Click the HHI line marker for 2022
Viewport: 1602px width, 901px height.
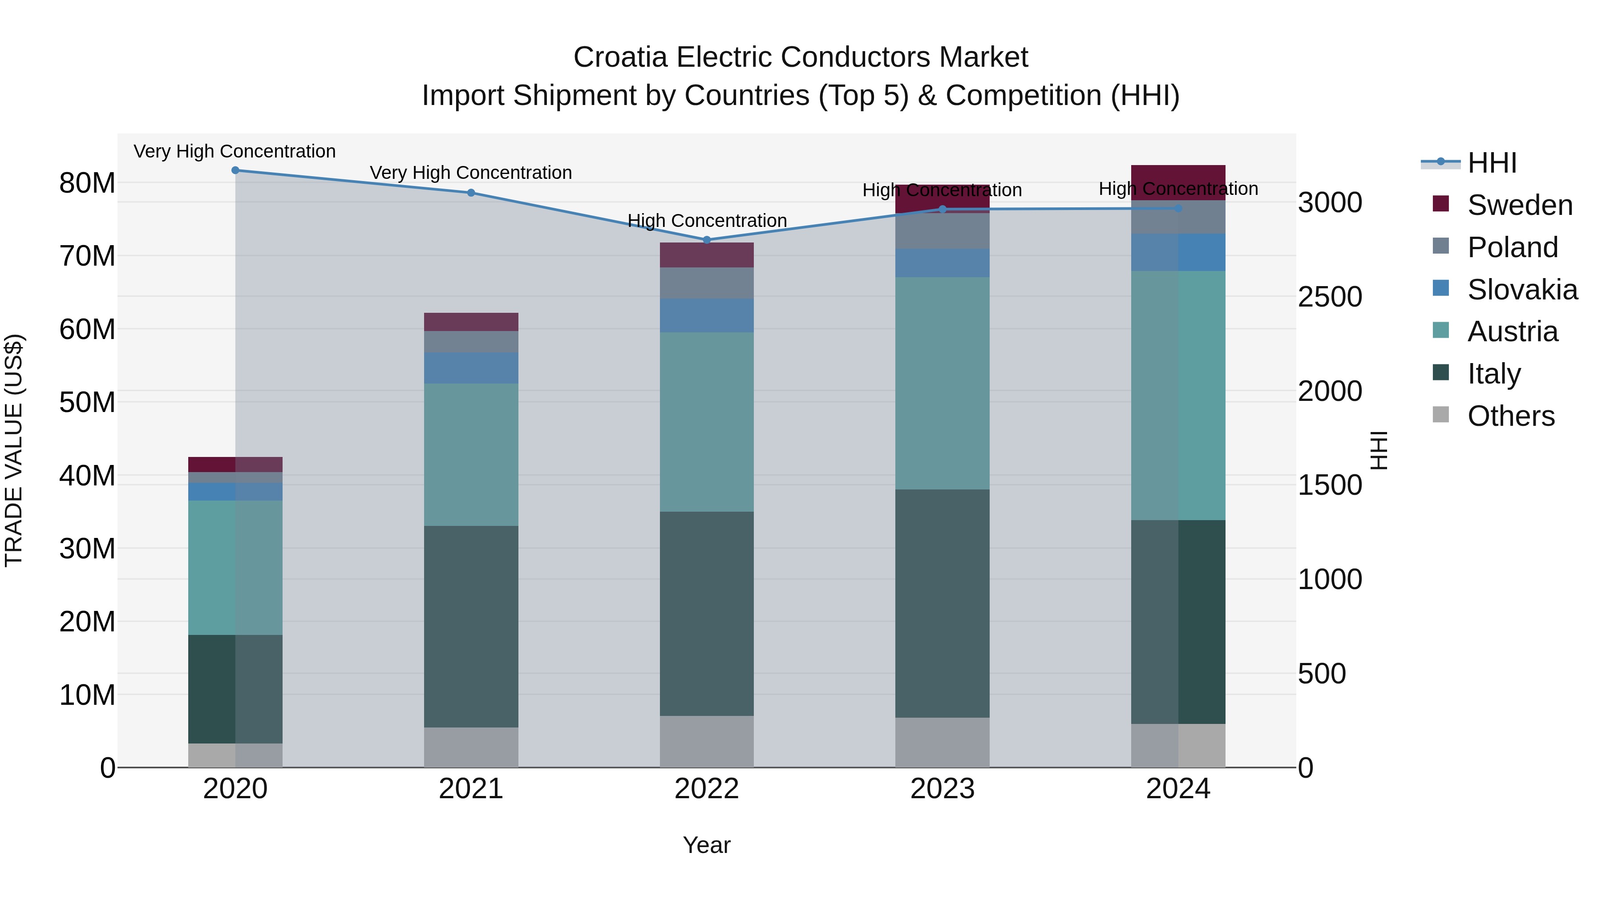coord(707,240)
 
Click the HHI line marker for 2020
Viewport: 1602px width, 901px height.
coord(235,170)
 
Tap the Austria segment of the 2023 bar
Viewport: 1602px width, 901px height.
coord(942,383)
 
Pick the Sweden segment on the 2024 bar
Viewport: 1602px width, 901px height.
coord(1178,182)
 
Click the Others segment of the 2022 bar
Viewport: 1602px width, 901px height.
coord(707,741)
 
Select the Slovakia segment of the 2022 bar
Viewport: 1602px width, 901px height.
coord(707,315)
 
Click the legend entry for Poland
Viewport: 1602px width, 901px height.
coord(1513,247)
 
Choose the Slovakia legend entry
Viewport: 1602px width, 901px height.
coord(1522,290)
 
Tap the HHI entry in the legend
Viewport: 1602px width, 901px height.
coord(1491,163)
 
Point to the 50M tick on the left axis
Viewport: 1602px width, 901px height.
coord(87,402)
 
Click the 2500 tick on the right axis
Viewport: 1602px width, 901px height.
coord(1330,297)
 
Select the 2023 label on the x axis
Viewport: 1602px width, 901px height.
coord(942,789)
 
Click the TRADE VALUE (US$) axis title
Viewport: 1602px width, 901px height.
coord(14,450)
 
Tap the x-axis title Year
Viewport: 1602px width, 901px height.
coord(707,845)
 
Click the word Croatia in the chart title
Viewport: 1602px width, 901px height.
coord(621,57)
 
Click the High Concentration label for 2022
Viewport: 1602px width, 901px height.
coord(707,221)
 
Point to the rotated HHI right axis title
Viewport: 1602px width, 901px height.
coord(1379,450)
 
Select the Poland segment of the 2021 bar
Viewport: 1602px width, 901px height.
coord(471,341)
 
